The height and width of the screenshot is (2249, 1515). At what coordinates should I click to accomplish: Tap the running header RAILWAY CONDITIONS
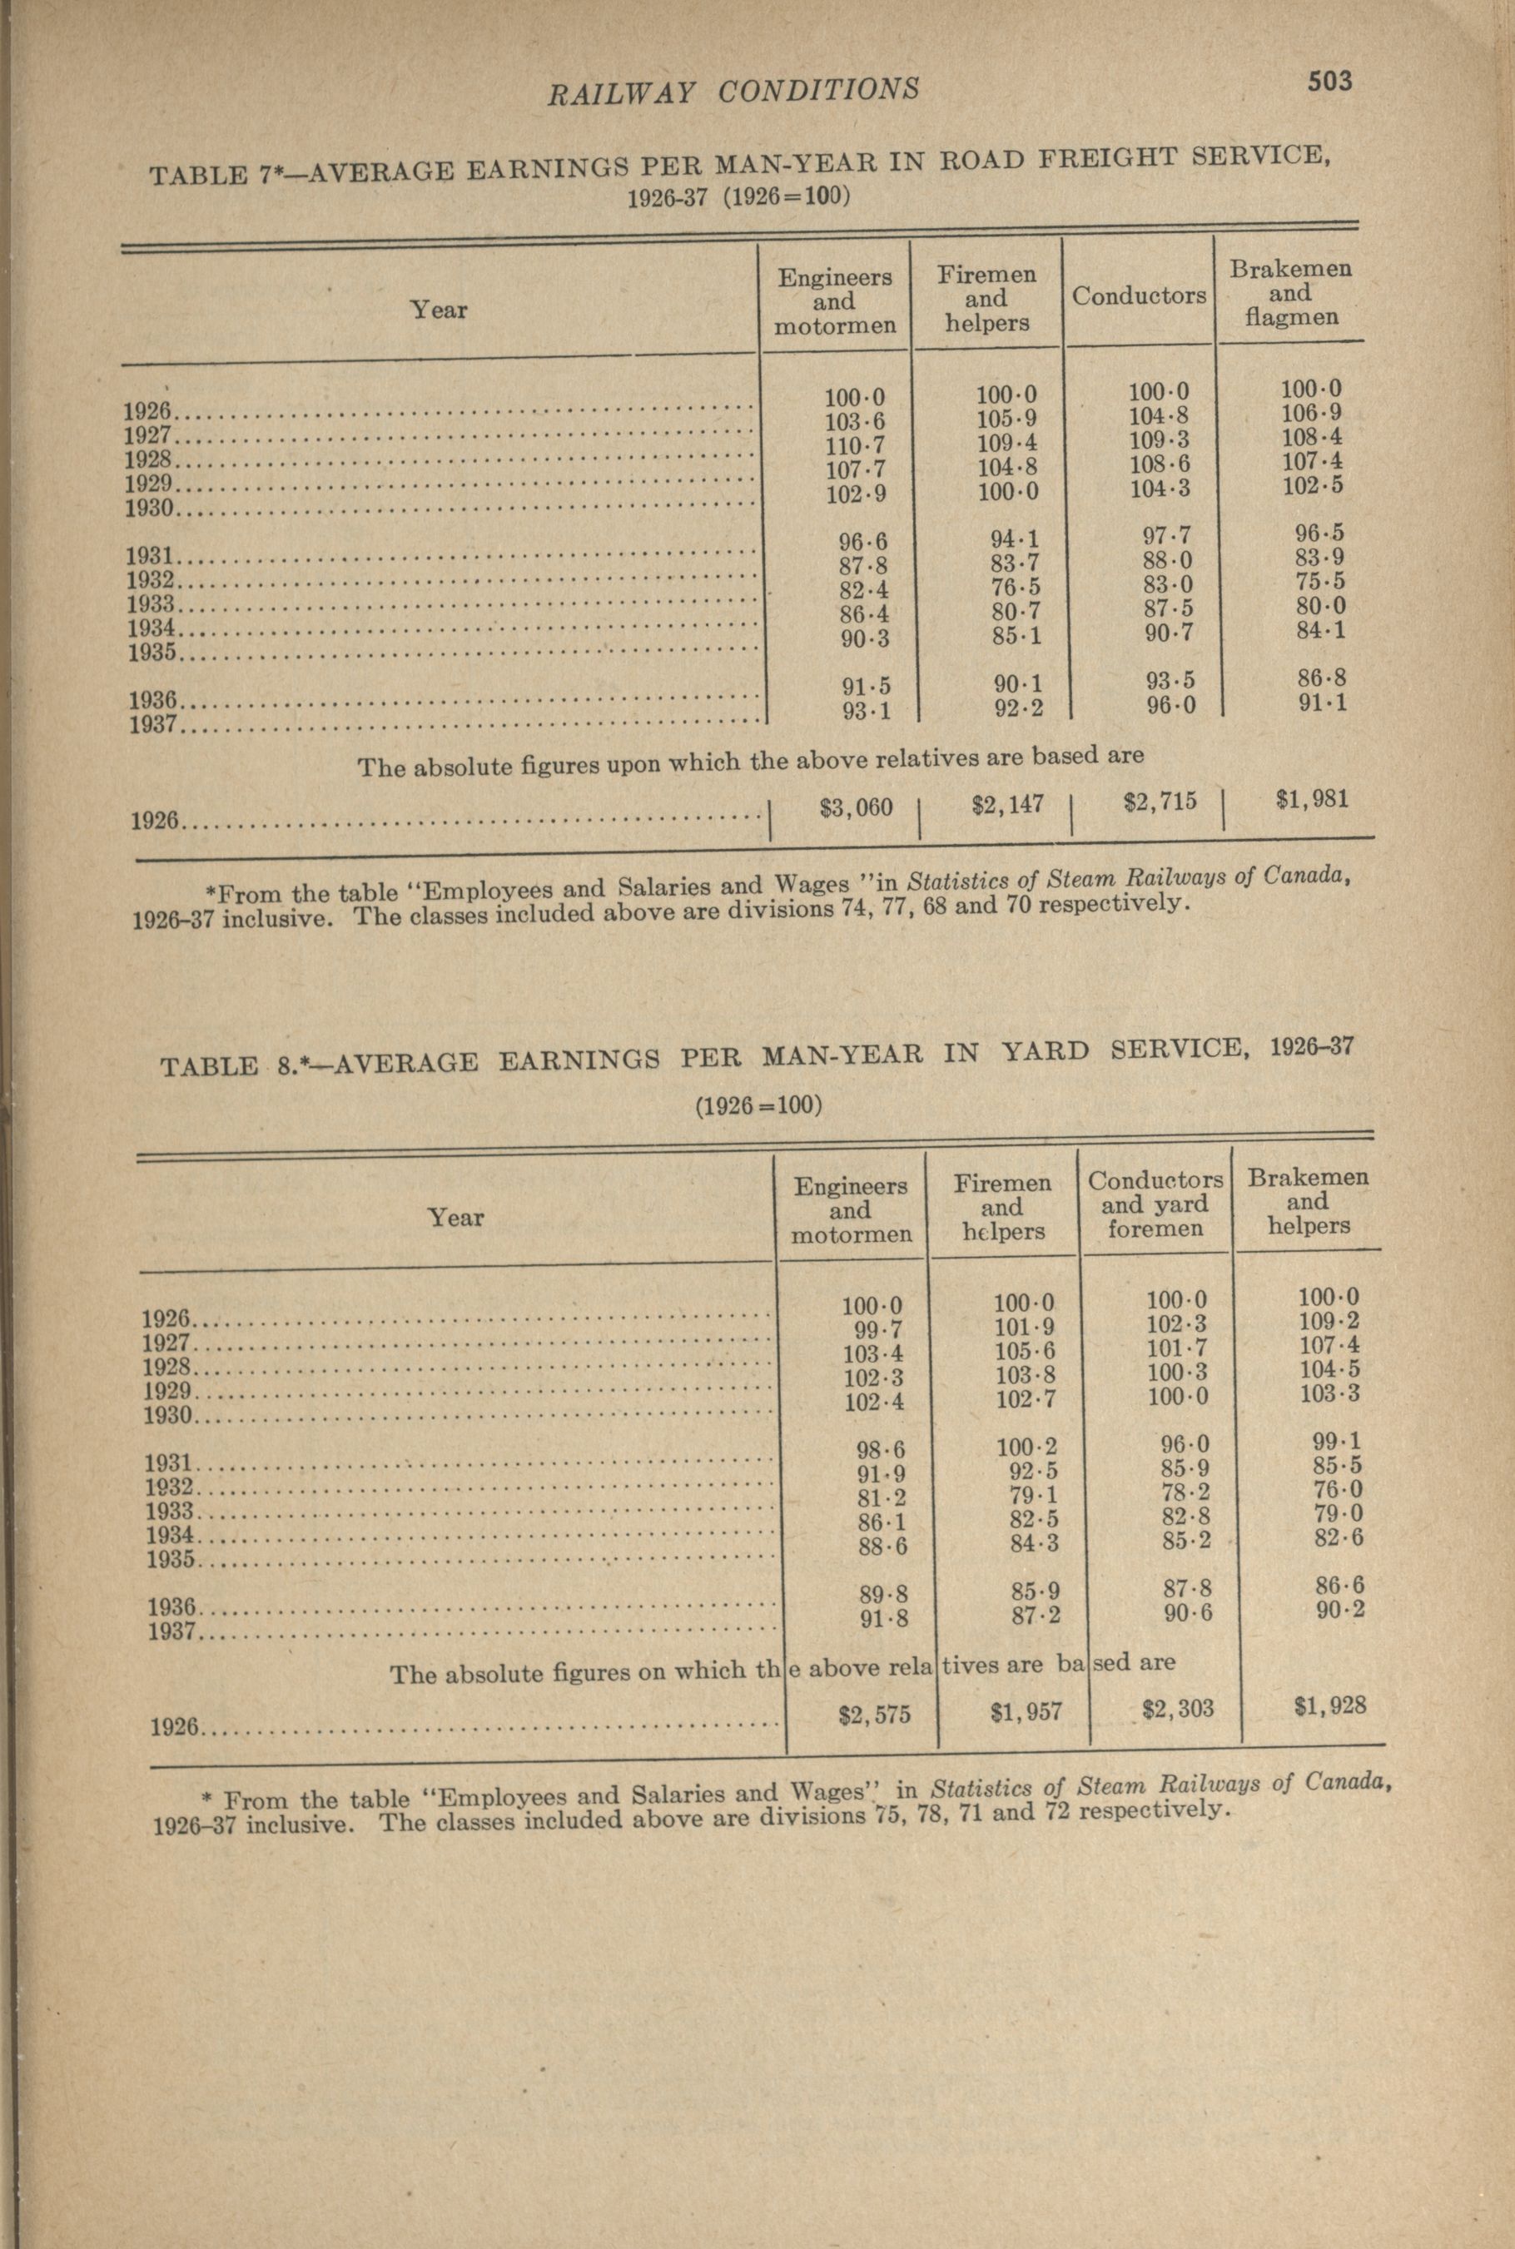point(733,91)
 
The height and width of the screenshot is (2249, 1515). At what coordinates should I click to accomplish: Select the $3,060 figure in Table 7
point(856,807)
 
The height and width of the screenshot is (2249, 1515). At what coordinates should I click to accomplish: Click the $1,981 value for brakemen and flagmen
point(1311,799)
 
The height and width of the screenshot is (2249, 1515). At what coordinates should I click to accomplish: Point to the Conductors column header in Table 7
point(1138,295)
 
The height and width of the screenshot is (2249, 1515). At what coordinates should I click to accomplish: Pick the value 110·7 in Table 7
point(855,446)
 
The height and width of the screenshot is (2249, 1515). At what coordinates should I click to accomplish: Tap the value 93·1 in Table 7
point(865,711)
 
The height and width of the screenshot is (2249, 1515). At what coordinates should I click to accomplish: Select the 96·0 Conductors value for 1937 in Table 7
point(1171,706)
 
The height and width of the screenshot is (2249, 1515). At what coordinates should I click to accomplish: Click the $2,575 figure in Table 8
point(874,1714)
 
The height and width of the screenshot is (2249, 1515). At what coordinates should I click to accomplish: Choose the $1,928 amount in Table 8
point(1330,1705)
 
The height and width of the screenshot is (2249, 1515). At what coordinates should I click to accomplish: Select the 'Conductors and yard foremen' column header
point(1155,1204)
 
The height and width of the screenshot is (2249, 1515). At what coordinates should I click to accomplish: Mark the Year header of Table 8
point(455,1216)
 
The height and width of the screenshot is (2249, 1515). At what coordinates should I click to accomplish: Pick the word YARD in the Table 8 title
point(1041,1052)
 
